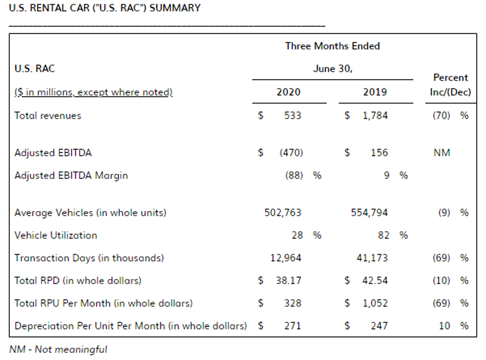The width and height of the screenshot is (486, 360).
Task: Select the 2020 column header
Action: pos(288,92)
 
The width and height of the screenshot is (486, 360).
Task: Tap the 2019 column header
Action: pos(374,92)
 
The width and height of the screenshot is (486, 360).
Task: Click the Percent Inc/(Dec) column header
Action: pos(450,85)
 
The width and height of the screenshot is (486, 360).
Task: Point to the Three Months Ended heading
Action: pos(332,46)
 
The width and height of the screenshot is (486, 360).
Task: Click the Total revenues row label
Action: pos(48,116)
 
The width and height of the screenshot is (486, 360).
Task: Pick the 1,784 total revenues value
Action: pos(375,116)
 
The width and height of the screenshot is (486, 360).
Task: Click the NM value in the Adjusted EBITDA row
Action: pos(442,153)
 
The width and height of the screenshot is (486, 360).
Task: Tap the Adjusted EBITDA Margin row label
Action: pos(71,176)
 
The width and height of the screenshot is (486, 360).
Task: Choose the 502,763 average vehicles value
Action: pos(282,213)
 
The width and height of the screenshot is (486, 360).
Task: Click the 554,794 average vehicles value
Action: pos(369,213)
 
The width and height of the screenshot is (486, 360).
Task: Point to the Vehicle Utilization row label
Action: pos(56,235)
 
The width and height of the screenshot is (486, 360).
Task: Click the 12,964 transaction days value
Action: pos(286,258)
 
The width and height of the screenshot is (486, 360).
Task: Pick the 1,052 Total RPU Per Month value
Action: pos(375,303)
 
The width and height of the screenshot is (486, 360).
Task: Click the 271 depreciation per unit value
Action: pos(292,325)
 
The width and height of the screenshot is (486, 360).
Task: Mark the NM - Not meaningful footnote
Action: pos(58,349)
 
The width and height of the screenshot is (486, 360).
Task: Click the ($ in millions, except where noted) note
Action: pos(94,92)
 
